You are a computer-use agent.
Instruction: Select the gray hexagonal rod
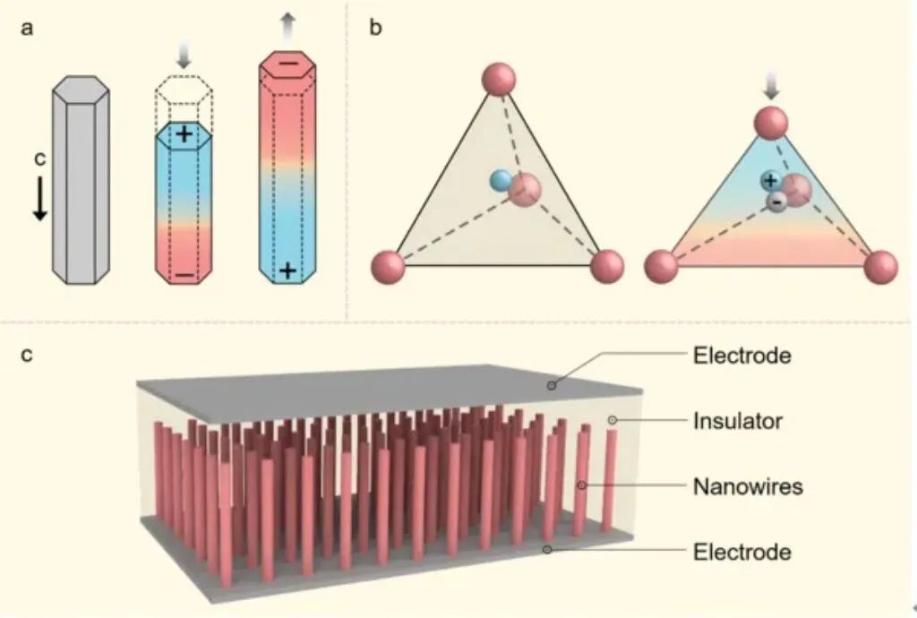tap(81, 179)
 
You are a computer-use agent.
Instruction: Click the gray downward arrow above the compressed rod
tap(184, 56)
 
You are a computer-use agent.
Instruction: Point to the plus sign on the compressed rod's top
tap(184, 136)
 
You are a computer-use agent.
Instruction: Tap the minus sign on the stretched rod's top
tap(288, 65)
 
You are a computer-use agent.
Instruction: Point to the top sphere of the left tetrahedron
tap(499, 78)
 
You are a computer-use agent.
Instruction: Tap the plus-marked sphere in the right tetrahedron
tap(770, 180)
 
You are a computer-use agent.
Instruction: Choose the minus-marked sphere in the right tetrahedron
tap(776, 202)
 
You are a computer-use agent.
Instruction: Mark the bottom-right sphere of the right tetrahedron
tap(879, 266)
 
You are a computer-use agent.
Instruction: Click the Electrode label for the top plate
tap(742, 355)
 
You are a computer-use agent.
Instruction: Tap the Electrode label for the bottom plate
tap(742, 551)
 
